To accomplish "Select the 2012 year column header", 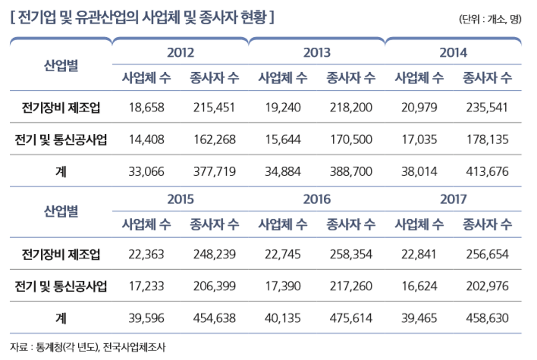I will click(180, 53).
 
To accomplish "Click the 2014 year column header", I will click(453, 53).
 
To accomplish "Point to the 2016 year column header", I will click(316, 199).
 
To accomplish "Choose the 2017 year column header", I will click(453, 199).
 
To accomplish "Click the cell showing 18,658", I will click(146, 108).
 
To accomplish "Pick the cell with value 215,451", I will click(215, 108).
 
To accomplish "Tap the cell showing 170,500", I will click(351, 139).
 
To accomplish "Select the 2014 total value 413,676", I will click(488, 172).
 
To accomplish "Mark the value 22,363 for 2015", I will click(146, 254).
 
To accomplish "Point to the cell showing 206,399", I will click(215, 286).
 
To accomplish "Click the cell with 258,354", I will click(351, 254).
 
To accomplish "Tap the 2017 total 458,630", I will click(488, 318).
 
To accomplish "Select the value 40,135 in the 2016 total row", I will click(283, 318).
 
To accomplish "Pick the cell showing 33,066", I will click(146, 172).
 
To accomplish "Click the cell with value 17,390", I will click(283, 286).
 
